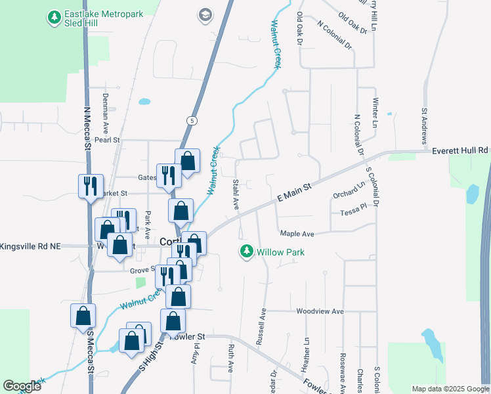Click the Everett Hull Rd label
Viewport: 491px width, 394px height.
pos(460,150)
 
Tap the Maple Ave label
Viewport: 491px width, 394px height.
pos(297,234)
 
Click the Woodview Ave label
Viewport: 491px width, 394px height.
pos(320,311)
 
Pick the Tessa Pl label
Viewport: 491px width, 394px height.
pos(352,213)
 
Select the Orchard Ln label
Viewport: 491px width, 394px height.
pos(348,191)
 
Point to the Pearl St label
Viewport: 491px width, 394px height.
pos(107,140)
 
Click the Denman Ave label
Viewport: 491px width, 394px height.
pos(105,109)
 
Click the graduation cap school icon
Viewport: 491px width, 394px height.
pos(205,14)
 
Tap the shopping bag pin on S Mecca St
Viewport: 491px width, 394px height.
pos(83,315)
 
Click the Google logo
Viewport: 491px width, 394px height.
pos(22,386)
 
